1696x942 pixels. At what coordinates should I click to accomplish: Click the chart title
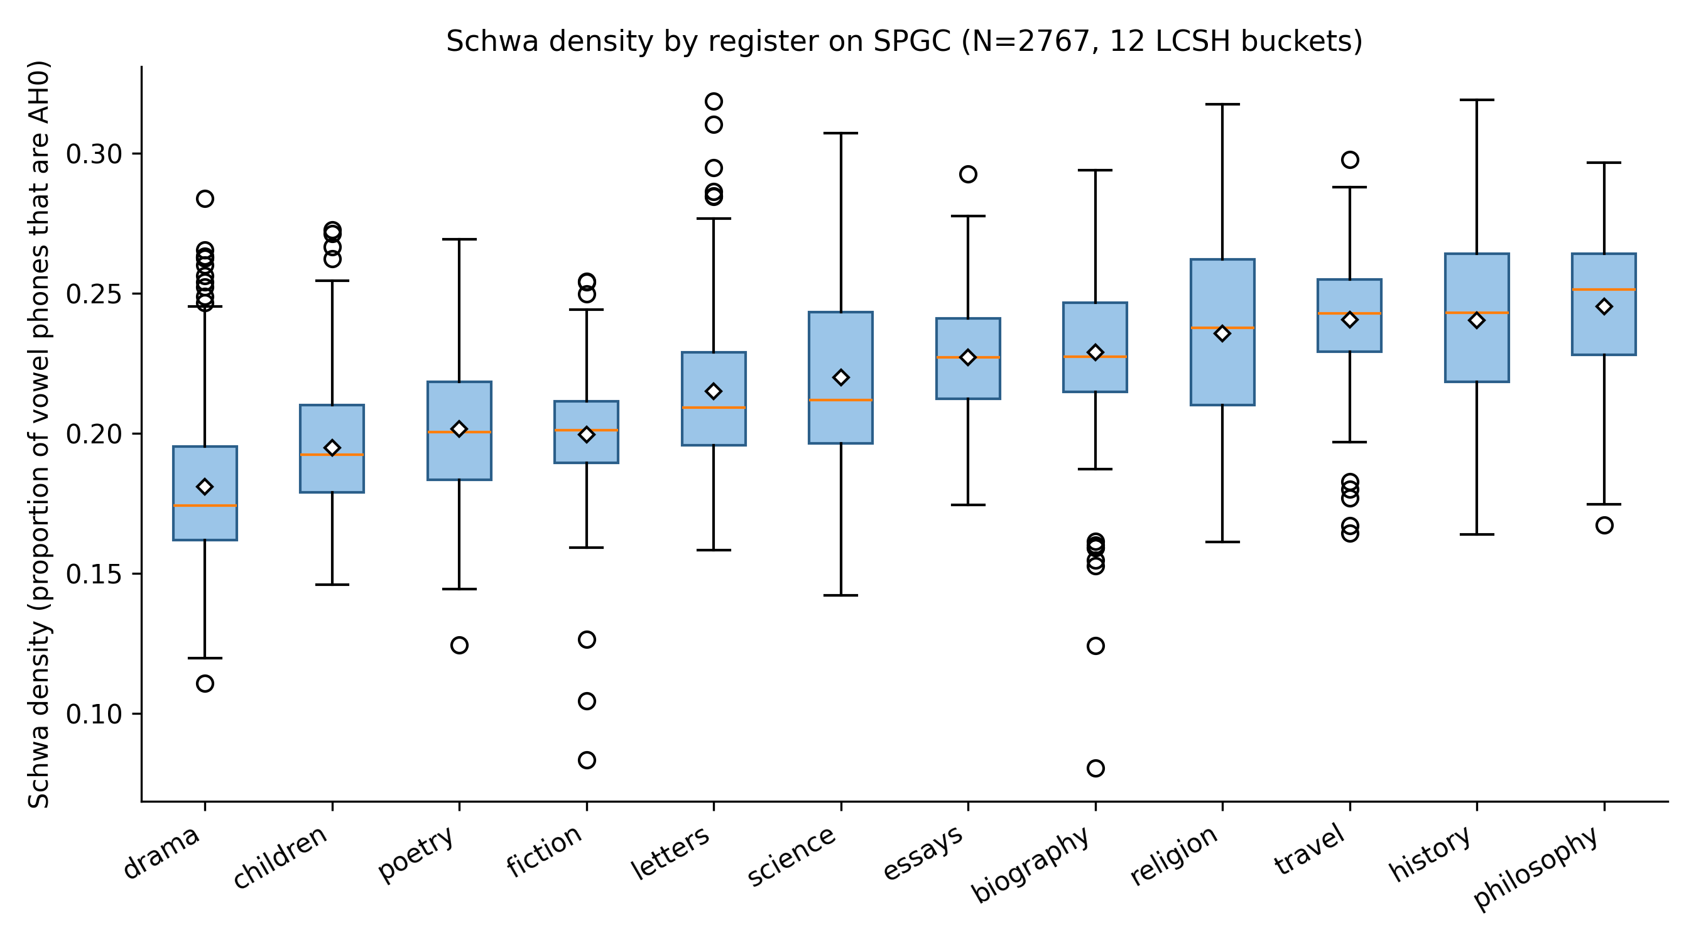click(904, 41)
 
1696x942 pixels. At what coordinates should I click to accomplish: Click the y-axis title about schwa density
click(40, 435)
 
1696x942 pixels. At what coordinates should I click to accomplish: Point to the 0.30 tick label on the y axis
click(95, 154)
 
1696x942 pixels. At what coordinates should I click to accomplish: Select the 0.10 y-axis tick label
click(95, 714)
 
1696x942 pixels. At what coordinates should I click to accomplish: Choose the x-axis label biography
click(1031, 864)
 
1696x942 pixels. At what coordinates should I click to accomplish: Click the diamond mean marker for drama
click(205, 487)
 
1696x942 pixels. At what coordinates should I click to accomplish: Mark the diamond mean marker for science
click(840, 378)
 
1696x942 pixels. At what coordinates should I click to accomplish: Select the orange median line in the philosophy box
click(1604, 290)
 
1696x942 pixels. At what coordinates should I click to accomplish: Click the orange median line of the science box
click(840, 400)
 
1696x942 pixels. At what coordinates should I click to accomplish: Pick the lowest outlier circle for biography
click(1095, 768)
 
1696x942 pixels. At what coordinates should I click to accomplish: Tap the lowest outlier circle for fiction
click(587, 761)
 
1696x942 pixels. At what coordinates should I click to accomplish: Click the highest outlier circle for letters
click(714, 101)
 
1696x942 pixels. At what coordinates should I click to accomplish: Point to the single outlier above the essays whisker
click(968, 175)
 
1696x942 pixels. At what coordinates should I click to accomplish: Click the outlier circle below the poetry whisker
click(460, 645)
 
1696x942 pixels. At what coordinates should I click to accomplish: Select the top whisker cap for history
click(1477, 100)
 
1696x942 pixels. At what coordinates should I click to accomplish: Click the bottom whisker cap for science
click(840, 595)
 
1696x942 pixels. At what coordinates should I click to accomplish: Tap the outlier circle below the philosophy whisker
click(1604, 525)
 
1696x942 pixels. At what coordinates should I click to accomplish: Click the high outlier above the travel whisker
click(1351, 160)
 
